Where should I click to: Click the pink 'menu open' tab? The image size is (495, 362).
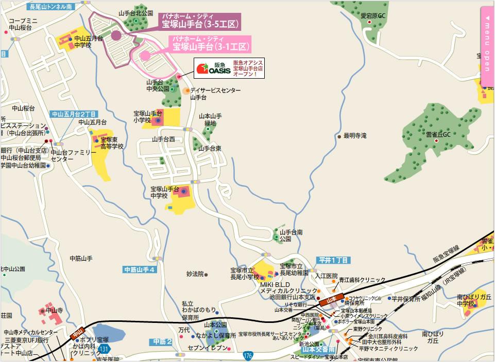(x=487, y=46)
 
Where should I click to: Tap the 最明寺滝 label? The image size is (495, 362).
(x=355, y=136)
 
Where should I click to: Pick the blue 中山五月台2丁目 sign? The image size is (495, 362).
(x=74, y=114)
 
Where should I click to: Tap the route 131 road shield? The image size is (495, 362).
(x=104, y=349)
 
